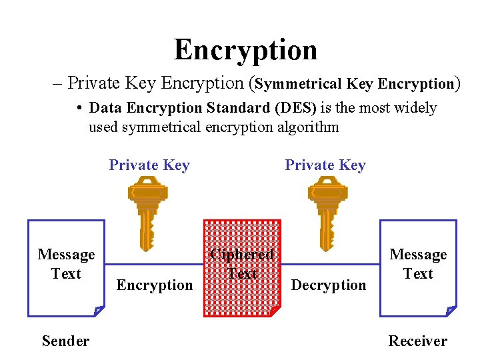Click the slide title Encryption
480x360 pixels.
(245, 50)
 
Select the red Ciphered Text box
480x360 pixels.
(241, 267)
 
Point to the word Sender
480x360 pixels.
(65, 341)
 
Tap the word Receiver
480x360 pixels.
(418, 341)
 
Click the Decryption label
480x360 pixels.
(329, 285)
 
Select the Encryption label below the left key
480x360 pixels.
(155, 285)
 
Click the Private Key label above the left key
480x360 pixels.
(149, 165)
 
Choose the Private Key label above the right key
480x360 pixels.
(325, 165)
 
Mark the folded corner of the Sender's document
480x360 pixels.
(99, 311)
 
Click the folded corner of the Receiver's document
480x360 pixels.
(451, 311)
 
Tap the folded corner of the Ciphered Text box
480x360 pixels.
(275, 311)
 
